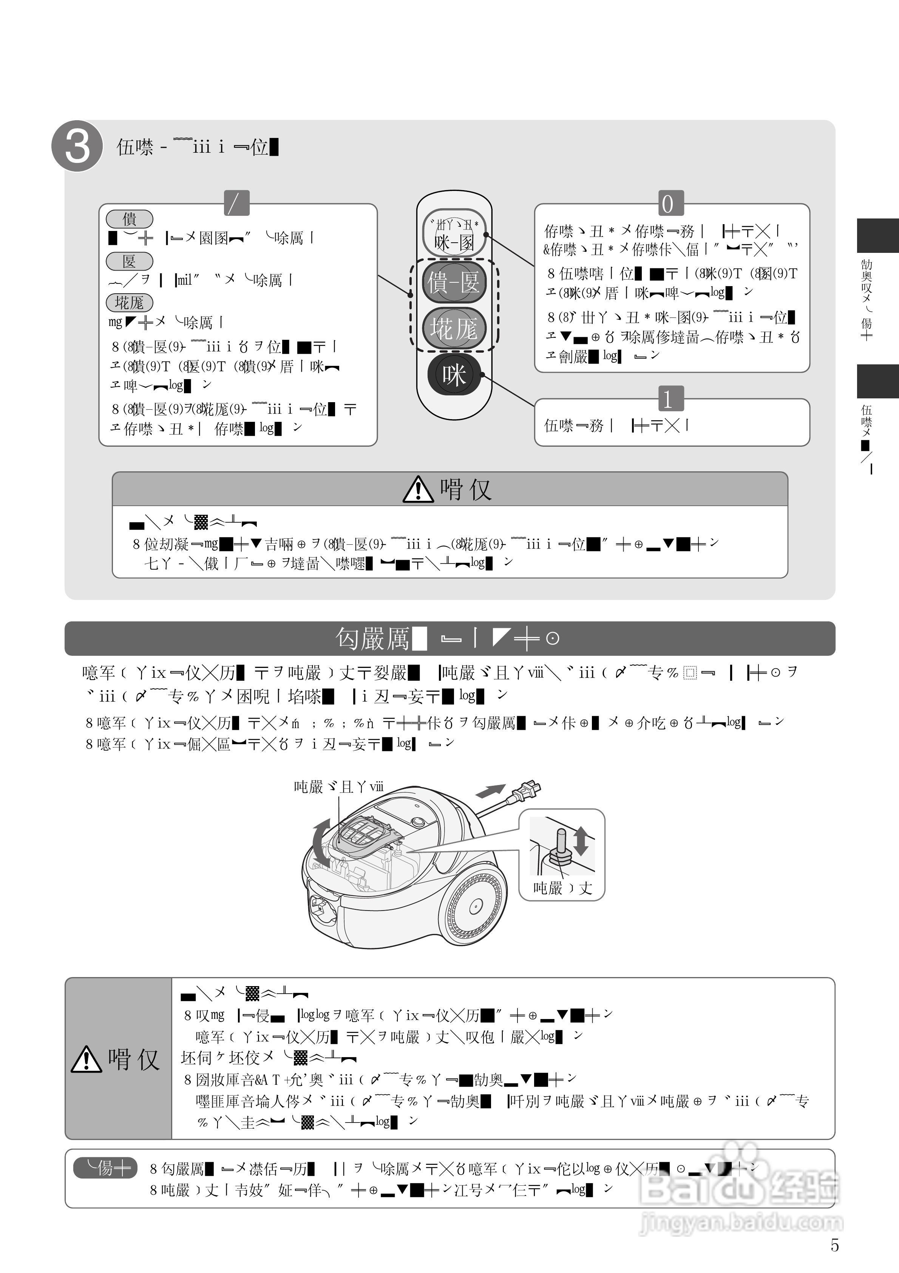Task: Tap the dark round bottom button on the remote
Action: pyautogui.click(x=454, y=375)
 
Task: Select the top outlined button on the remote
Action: pyautogui.click(x=454, y=233)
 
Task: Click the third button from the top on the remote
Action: pyautogui.click(x=454, y=328)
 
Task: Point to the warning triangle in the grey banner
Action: pyautogui.click(x=418, y=489)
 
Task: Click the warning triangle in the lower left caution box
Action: pyautogui.click(x=86, y=1059)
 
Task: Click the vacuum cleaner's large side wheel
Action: pyautogui.click(x=475, y=906)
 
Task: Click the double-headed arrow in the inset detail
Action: pyautogui.click(x=581, y=840)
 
